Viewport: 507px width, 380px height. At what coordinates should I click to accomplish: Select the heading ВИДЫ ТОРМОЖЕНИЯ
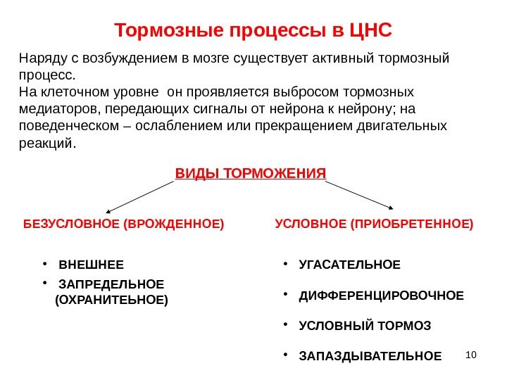point(250,173)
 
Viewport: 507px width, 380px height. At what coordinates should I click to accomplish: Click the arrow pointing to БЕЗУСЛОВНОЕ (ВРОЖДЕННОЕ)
point(139,196)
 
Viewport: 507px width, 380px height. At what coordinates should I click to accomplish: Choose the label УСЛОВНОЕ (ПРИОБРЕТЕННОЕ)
point(374,224)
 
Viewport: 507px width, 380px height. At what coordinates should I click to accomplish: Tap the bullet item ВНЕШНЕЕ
point(91,265)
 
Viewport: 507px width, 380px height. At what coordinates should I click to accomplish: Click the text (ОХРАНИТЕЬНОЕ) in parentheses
point(111,299)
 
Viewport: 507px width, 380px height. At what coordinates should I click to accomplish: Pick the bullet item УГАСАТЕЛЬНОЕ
point(349,265)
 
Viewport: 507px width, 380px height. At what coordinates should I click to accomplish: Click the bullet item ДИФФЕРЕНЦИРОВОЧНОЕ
point(381,296)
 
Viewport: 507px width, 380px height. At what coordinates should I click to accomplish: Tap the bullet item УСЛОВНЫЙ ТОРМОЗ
point(365,327)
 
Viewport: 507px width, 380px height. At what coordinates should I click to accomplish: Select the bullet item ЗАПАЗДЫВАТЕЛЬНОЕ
point(370,357)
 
